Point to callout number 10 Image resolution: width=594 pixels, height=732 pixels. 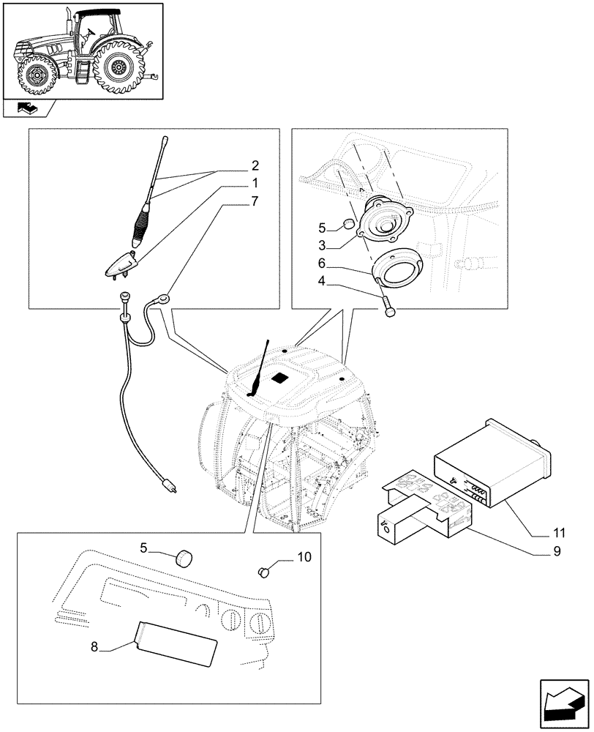tap(304, 558)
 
